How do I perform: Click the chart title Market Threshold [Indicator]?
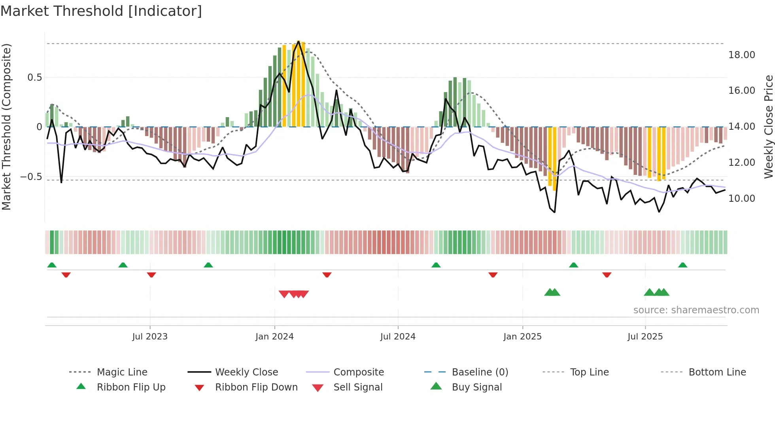tap(101, 11)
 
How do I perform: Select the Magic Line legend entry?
tap(122, 372)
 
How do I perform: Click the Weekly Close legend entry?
tap(246, 372)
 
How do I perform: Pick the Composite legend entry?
tap(358, 372)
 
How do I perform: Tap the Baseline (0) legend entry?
tap(480, 372)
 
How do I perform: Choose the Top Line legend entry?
tap(589, 372)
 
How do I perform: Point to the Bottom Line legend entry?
tap(717, 372)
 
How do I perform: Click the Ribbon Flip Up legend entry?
tap(131, 387)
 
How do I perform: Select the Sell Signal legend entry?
tap(358, 387)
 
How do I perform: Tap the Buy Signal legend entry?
tap(476, 387)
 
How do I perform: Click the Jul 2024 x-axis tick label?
tap(398, 336)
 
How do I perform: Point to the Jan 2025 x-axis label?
tap(522, 336)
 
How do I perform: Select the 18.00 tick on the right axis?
tap(741, 55)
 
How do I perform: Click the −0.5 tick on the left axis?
tap(31, 176)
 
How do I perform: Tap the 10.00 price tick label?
tap(741, 198)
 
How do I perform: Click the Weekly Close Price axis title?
tap(768, 127)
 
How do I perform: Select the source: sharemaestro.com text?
tap(696, 310)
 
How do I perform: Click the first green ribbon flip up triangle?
tap(52, 265)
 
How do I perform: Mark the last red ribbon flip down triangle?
tap(607, 275)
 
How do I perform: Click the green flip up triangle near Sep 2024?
tap(436, 265)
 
